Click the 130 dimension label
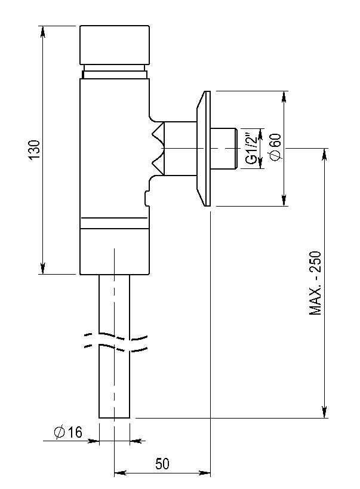35,150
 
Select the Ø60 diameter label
276,147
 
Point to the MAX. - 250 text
315,283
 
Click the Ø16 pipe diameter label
68,432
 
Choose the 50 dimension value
162,464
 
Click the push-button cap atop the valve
114,45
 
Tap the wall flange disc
204,149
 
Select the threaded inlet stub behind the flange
224,149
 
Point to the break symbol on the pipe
116,342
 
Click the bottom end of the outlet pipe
114,417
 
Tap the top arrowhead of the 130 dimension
43,31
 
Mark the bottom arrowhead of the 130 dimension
43,269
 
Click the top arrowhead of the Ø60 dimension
284,96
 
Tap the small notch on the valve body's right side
147,197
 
